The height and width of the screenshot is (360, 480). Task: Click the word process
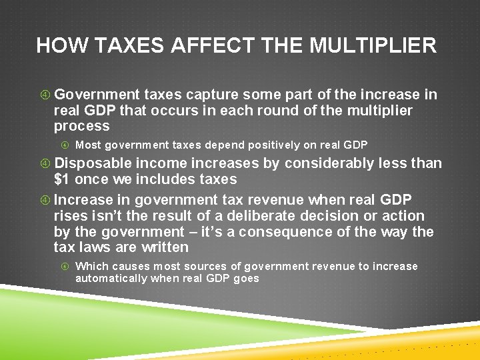click(81, 126)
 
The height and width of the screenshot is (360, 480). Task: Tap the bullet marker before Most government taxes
click(65, 145)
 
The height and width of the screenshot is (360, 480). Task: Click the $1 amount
click(62, 179)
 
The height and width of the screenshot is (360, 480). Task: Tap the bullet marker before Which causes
click(65, 267)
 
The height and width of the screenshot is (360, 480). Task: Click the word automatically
click(111, 279)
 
